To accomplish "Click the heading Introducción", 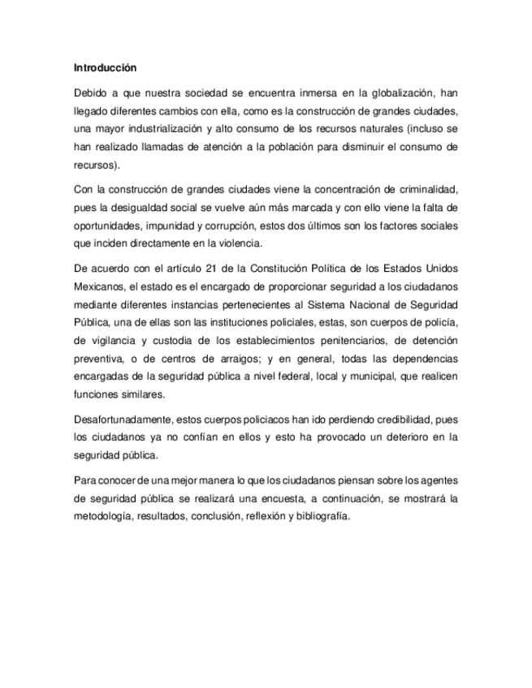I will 104,67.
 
